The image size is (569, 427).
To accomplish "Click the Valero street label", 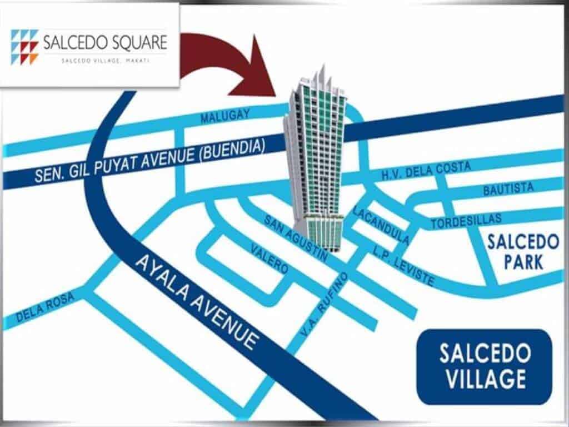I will tap(269, 258).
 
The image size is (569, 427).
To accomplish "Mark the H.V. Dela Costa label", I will tap(426, 170).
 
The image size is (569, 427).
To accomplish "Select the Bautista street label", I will tap(508, 189).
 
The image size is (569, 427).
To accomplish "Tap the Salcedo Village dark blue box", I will tap(484, 366).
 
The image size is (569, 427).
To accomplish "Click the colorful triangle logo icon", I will tap(25, 46).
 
